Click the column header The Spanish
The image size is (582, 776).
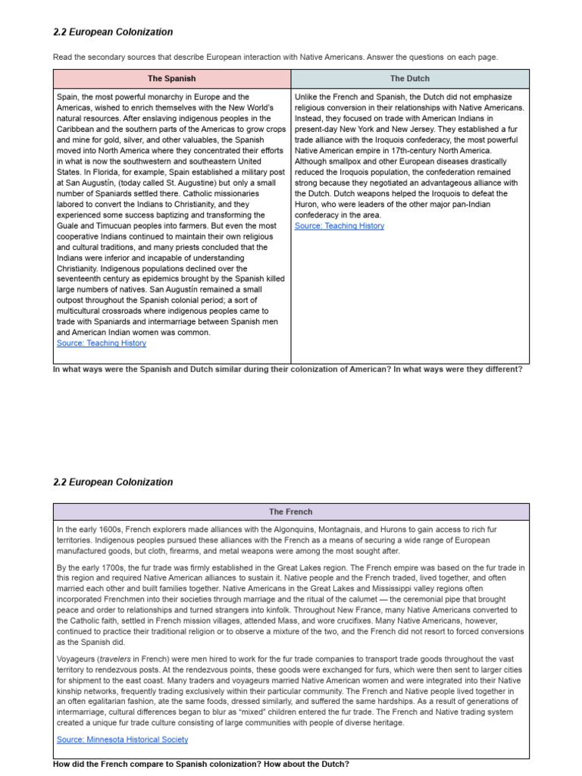[x=171, y=78]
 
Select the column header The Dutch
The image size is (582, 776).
[x=409, y=78]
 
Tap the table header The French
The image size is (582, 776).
[x=291, y=512]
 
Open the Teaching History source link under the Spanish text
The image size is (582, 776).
[x=102, y=343]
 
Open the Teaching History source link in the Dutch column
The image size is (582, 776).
[x=339, y=226]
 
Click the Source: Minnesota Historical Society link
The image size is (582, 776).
[x=122, y=739]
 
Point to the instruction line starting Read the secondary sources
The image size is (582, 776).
[x=275, y=57]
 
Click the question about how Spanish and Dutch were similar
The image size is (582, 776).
[x=287, y=369]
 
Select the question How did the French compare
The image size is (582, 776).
[x=201, y=763]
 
